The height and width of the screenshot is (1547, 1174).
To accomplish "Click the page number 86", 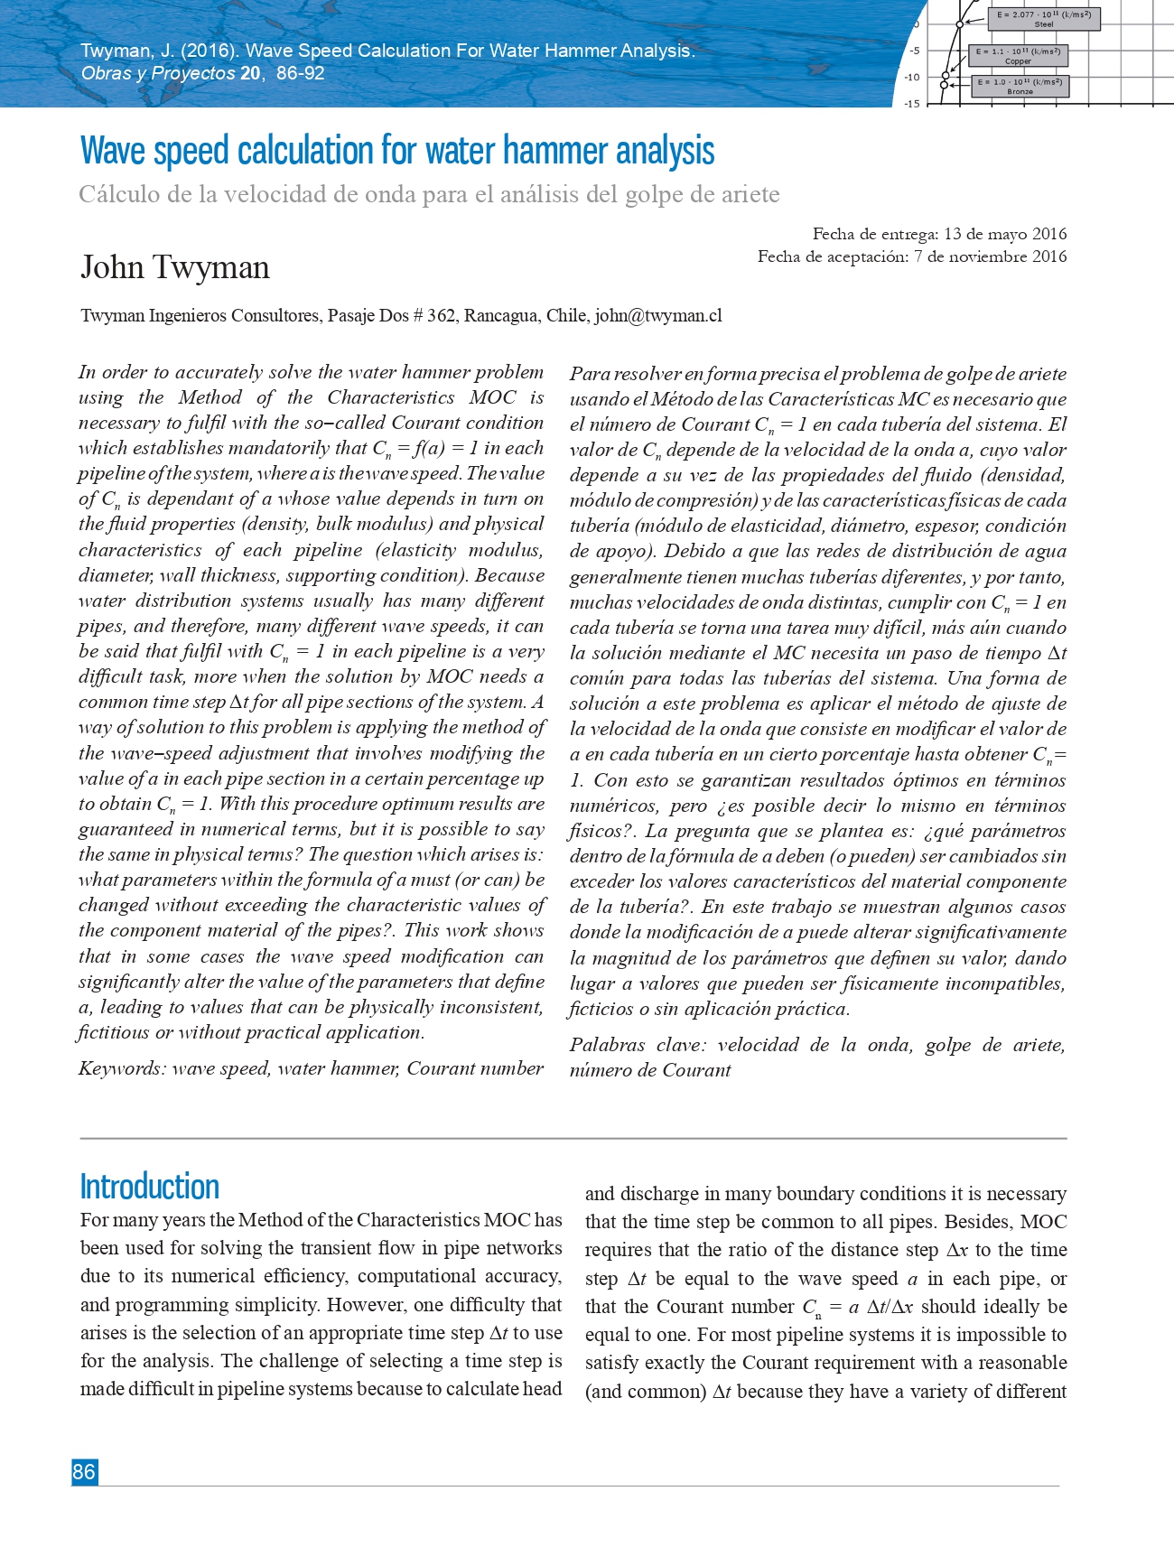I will click(x=84, y=1471).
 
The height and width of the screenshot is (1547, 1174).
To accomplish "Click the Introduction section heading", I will click(x=150, y=1186).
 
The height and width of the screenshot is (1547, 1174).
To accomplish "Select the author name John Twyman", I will click(x=175, y=267).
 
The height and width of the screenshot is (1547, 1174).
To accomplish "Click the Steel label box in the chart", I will click(x=1043, y=19).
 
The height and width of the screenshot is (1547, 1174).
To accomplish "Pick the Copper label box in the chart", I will click(x=1018, y=56).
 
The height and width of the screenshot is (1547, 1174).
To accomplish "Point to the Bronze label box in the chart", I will click(x=1020, y=87).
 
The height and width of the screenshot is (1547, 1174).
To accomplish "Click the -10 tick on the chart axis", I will click(x=912, y=77).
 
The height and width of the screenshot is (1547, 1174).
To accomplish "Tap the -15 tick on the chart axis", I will click(x=912, y=103).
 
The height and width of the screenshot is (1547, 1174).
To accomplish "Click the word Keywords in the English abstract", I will click(x=121, y=1068).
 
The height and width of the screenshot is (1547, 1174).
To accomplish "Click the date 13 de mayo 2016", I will click(x=1004, y=234).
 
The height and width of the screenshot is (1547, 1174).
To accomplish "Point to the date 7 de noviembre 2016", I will click(x=990, y=256).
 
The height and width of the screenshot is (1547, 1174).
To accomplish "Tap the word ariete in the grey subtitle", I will click(x=747, y=195).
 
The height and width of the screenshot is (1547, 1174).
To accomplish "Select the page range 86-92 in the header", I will click(x=300, y=73).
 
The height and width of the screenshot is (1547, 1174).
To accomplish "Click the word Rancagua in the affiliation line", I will click(x=501, y=315).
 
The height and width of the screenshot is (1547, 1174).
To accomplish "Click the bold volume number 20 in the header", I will click(x=250, y=73).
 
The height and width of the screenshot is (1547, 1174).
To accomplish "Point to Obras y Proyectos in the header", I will click(x=158, y=73).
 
